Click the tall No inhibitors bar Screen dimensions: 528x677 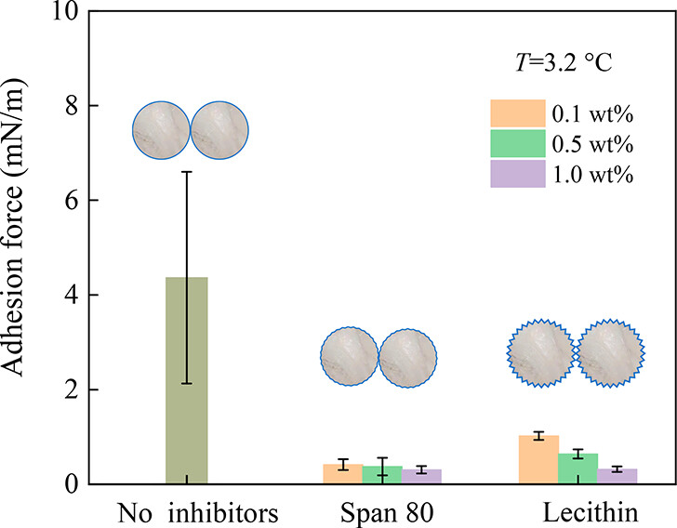(x=186, y=380)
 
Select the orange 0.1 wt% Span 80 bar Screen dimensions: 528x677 (x=342, y=473)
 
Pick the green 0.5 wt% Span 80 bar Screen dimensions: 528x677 (x=382, y=474)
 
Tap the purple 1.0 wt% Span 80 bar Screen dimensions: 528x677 (x=421, y=476)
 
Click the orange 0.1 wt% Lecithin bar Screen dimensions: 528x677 (x=538, y=459)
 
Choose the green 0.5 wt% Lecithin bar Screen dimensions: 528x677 (x=577, y=469)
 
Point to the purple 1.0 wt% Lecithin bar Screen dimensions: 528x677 (x=617, y=476)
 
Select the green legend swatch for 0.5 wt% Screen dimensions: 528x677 (x=517, y=145)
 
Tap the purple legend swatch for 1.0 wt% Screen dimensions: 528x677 (x=517, y=175)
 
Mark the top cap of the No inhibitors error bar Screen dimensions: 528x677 (x=186, y=172)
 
